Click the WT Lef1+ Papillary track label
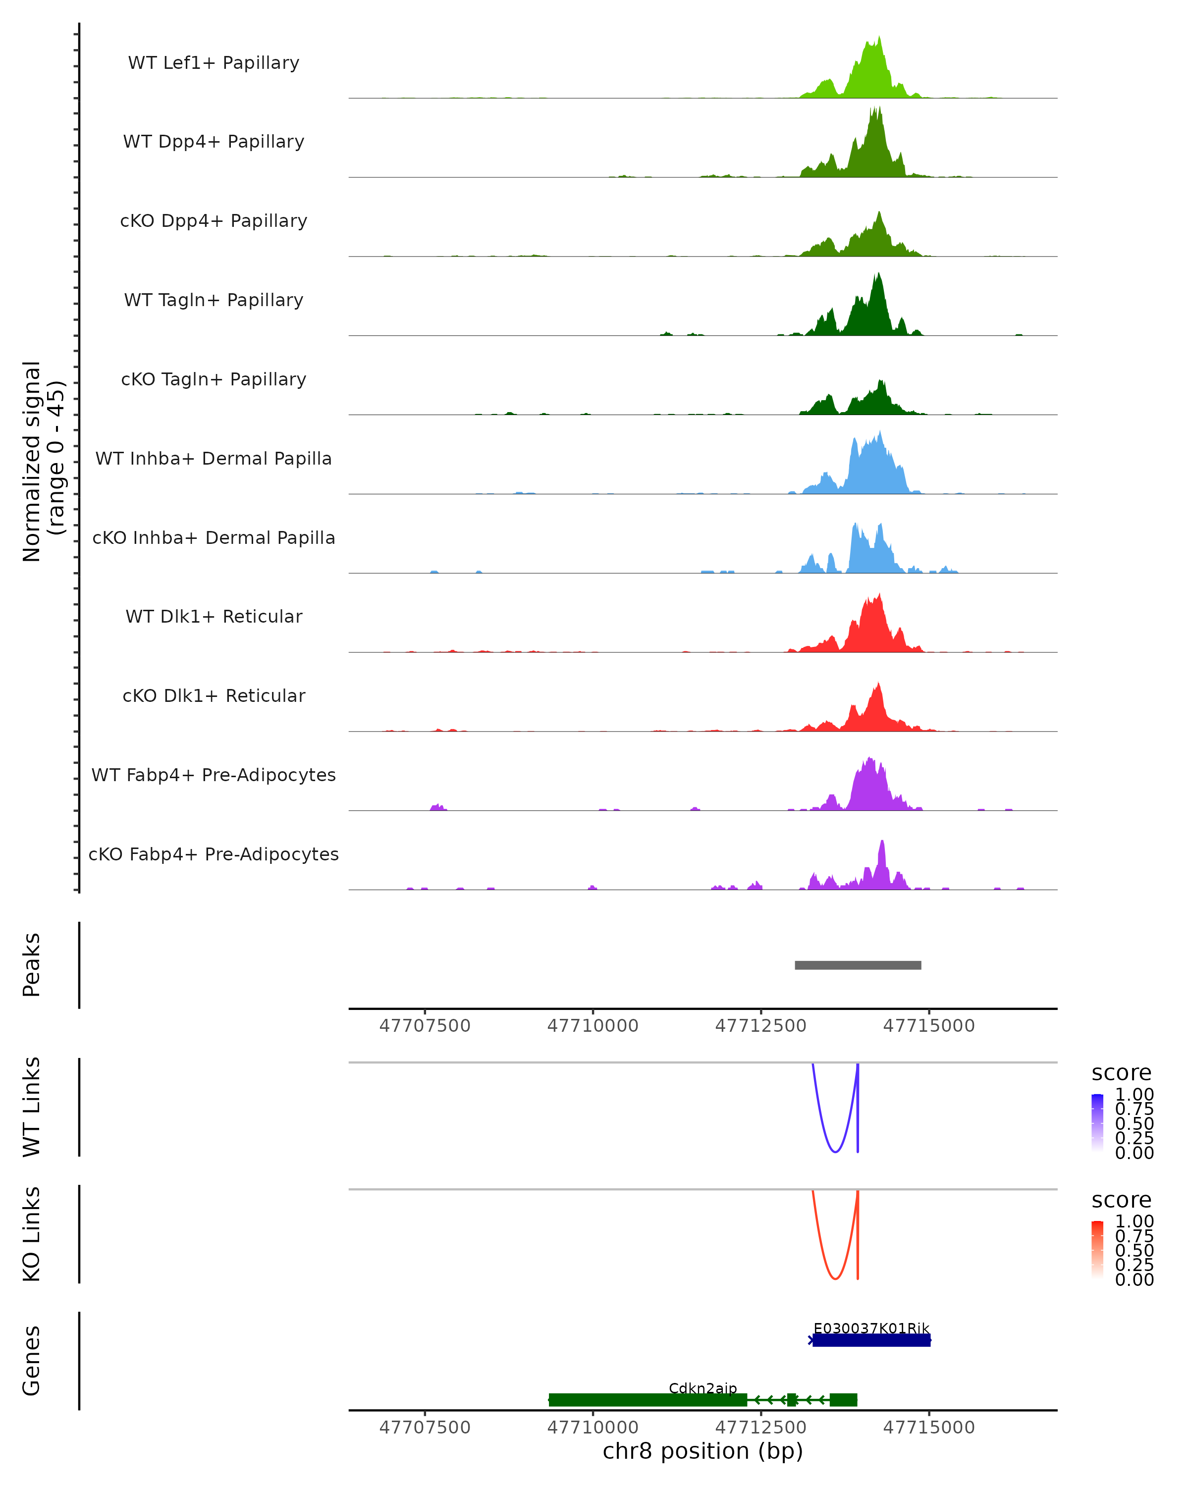pyautogui.click(x=214, y=63)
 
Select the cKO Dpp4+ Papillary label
pyautogui.click(x=214, y=221)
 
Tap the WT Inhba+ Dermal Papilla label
pyautogui.click(x=214, y=459)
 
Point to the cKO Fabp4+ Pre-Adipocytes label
pyautogui.click(x=214, y=854)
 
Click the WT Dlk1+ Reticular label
pyautogui.click(x=214, y=617)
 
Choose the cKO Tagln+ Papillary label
pyautogui.click(x=214, y=380)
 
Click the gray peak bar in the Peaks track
pyautogui.click(x=858, y=965)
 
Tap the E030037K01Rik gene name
pyautogui.click(x=871, y=1328)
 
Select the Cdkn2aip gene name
pyautogui.click(x=703, y=1388)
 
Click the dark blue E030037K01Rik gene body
pyautogui.click(x=871, y=1340)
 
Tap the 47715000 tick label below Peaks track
pyautogui.click(x=928, y=1026)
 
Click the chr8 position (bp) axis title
pyautogui.click(x=703, y=1451)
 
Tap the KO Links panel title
pyautogui.click(x=32, y=1234)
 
